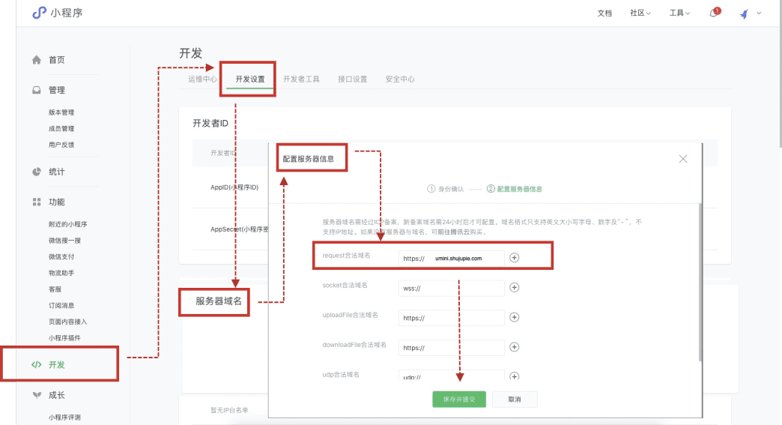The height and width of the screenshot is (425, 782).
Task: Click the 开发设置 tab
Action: point(249,79)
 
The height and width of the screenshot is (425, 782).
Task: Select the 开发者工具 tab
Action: point(301,79)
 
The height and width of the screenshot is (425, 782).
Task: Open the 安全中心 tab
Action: point(400,79)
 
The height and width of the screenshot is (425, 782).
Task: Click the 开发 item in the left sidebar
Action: point(57,365)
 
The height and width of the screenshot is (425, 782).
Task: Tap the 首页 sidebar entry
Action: point(56,60)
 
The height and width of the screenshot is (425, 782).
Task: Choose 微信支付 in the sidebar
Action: point(61,257)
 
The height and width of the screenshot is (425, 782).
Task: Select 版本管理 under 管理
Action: point(61,112)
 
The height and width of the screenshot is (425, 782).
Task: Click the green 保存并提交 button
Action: point(458,399)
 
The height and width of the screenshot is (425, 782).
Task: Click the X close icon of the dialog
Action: point(682,159)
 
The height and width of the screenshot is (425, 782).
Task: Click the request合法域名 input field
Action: point(452,258)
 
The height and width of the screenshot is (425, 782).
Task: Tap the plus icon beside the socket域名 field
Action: point(515,288)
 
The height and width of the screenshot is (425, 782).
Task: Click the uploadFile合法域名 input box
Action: point(452,318)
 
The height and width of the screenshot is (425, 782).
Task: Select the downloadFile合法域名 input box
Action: point(452,348)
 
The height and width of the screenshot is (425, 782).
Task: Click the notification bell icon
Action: point(713,13)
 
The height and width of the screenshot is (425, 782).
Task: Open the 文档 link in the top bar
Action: point(604,13)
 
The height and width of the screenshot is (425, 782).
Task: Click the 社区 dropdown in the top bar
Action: point(640,13)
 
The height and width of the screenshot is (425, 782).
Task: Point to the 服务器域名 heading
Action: point(219,301)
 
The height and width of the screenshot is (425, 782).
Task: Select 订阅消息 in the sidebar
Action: point(61,305)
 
